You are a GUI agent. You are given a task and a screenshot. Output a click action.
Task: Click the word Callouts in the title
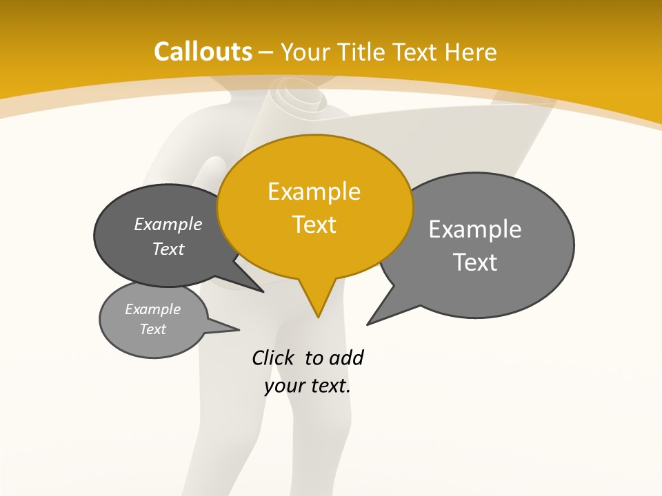(x=203, y=52)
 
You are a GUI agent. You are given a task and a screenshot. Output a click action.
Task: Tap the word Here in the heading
(x=471, y=52)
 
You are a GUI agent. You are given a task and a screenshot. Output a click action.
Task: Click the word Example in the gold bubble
(x=314, y=192)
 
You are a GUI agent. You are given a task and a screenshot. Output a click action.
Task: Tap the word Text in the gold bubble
(x=314, y=225)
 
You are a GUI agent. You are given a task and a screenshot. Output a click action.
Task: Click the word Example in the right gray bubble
(x=475, y=229)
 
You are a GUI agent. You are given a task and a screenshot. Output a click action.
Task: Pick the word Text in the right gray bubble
(x=475, y=262)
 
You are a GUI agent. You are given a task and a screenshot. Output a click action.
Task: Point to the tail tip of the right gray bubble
(x=368, y=324)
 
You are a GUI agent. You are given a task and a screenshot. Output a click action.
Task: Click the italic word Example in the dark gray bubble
(x=168, y=224)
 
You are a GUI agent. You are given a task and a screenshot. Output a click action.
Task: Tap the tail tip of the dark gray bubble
(x=263, y=291)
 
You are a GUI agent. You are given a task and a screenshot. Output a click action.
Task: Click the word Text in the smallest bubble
(x=153, y=329)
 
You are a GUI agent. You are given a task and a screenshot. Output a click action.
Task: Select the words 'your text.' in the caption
(x=308, y=386)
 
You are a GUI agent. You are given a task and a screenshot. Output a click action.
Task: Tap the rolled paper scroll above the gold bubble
(x=299, y=103)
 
